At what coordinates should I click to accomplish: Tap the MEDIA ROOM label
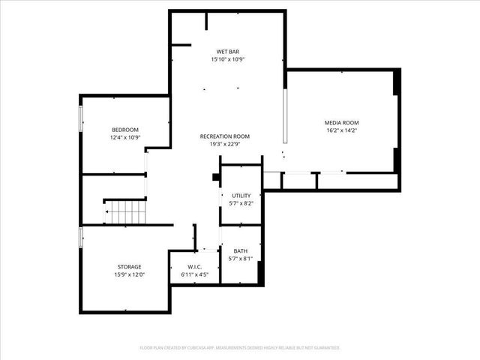coord(341,122)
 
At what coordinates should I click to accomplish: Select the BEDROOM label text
coord(125,130)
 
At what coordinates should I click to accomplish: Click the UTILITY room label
coord(241,196)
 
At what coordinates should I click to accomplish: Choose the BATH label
coord(240,251)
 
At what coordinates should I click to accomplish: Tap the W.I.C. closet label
coord(195,267)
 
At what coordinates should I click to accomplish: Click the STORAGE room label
coord(129,267)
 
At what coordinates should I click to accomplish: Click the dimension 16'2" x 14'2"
coord(341,130)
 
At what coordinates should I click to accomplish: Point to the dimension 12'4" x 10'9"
coord(125,138)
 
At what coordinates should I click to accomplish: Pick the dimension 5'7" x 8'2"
coord(241,203)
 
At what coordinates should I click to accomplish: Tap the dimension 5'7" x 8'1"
coord(240,259)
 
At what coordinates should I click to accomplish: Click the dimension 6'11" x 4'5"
coord(195,275)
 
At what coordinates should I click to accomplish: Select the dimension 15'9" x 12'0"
coord(129,275)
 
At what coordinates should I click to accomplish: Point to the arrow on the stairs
coord(109,212)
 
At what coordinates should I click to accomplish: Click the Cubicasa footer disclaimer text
coord(240,347)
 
